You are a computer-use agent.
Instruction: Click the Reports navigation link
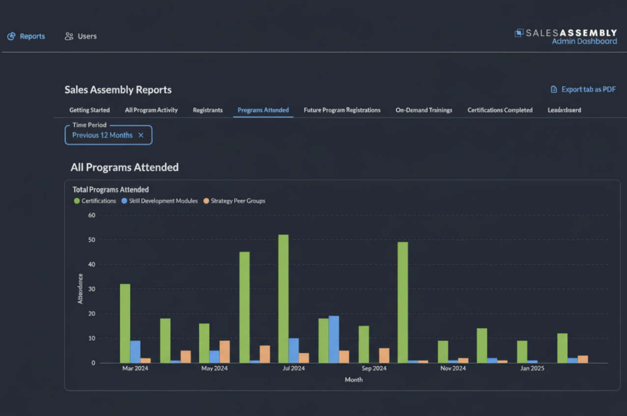pos(27,36)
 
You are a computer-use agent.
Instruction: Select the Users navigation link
pos(81,36)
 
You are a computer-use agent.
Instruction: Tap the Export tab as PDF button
pos(583,89)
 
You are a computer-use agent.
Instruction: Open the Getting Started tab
pos(89,110)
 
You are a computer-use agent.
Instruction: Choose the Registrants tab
pos(207,110)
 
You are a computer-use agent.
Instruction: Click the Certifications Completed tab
pos(500,110)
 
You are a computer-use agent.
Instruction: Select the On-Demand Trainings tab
pos(424,110)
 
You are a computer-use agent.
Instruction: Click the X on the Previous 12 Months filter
pos(141,135)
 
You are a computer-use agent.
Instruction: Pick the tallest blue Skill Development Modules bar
pos(334,339)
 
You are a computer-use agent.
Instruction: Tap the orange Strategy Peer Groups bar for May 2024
pos(225,352)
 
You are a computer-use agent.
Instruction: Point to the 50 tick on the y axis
pos(91,240)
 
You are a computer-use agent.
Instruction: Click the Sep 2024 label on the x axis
pos(373,368)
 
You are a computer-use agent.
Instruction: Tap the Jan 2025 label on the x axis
pos(532,368)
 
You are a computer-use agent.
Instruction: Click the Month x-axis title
pos(354,380)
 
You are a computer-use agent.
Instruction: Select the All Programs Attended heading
pos(124,167)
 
